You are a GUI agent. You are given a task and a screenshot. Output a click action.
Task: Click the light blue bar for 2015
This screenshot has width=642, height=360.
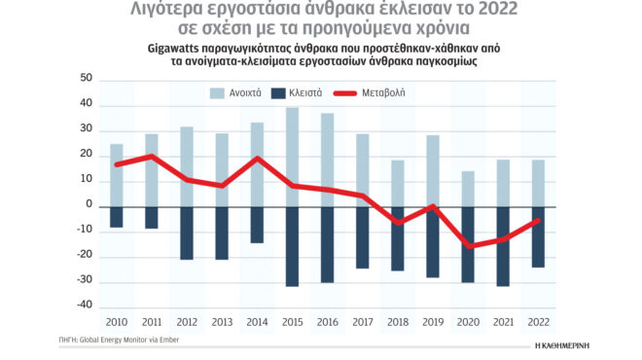point(292,156)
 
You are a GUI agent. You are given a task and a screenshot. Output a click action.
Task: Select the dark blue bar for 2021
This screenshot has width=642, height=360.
point(502,245)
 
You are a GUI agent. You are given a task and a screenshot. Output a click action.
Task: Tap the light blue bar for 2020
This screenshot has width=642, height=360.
point(467,188)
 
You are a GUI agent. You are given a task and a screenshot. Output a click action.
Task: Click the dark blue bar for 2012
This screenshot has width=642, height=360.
point(187,233)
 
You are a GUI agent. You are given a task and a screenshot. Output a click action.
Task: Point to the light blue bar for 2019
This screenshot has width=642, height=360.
point(432,170)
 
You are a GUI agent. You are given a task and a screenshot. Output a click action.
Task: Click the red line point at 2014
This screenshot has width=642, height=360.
point(258,159)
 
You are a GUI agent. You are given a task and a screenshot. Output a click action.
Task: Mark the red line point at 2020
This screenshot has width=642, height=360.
point(467,246)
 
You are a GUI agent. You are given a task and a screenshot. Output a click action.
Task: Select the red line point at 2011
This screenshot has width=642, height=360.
point(152,156)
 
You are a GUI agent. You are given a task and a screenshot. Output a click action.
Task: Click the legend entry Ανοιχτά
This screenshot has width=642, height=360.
point(242,93)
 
